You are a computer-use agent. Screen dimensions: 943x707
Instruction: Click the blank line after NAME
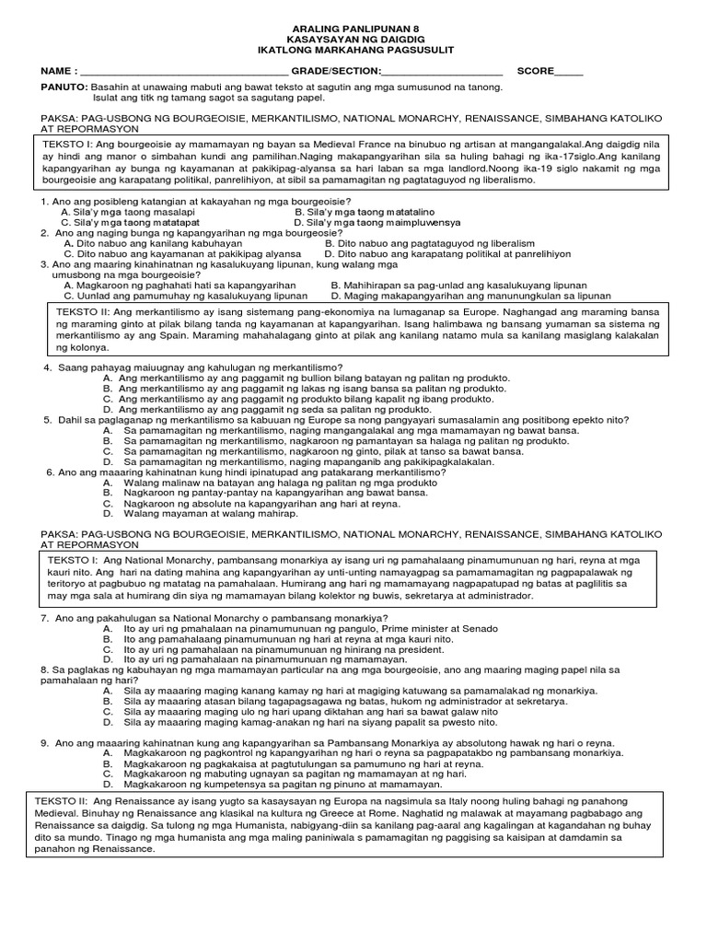tap(184, 73)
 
